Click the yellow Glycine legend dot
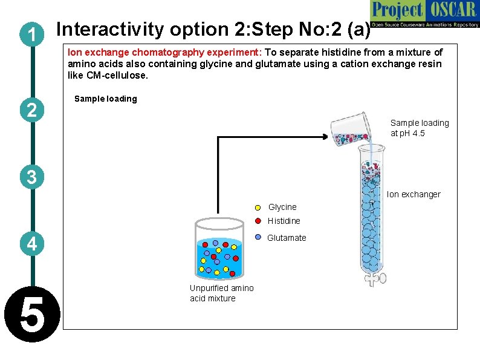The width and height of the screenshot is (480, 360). pyautogui.click(x=258, y=208)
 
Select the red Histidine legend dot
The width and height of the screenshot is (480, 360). pyautogui.click(x=258, y=221)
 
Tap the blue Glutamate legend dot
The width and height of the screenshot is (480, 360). pyautogui.click(x=258, y=238)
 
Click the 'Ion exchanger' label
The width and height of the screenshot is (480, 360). pyautogui.click(x=414, y=194)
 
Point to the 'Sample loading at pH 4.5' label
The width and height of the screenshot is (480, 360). pyautogui.click(x=420, y=128)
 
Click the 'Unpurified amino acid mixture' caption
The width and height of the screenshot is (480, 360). pyautogui.click(x=221, y=293)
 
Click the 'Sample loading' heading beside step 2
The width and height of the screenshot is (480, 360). pyautogui.click(x=105, y=99)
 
